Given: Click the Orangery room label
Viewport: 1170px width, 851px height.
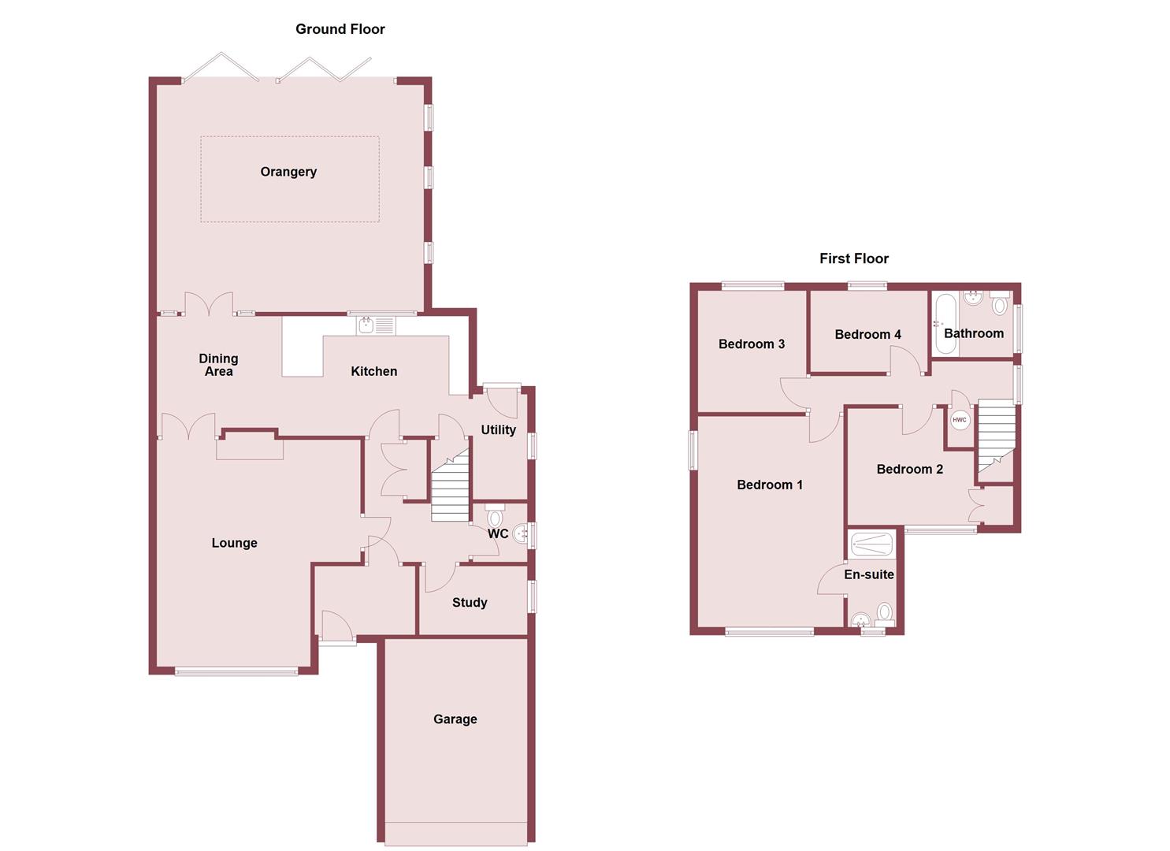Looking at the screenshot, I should [x=288, y=172].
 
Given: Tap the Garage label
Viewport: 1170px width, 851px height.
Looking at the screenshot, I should [x=455, y=719].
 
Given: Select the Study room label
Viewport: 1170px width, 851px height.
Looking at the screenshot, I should [x=470, y=603].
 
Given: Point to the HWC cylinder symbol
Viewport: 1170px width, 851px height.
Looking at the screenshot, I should [x=959, y=420].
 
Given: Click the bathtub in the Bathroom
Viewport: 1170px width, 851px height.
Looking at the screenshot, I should [x=944, y=323].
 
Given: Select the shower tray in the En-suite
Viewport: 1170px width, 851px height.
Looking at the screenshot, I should [x=871, y=543].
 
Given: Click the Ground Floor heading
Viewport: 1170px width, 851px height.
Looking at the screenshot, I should [x=340, y=29].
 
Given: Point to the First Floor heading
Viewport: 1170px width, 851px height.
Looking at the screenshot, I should [x=853, y=258].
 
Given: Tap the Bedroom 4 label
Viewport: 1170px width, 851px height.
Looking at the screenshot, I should [x=867, y=334].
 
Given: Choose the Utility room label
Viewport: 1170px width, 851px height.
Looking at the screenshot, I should [x=498, y=429].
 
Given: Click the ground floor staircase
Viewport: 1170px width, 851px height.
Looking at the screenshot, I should [x=450, y=489].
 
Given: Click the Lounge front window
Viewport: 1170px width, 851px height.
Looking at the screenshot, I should [x=236, y=671].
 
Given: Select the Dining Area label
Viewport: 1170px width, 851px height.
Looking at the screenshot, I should [x=218, y=365].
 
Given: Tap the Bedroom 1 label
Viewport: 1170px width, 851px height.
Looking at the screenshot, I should [x=770, y=485].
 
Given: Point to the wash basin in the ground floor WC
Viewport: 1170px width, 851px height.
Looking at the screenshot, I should [x=521, y=535].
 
